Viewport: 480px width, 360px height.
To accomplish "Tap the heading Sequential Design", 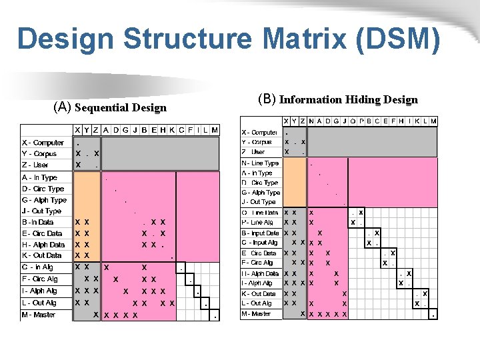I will pyautogui.click(x=121, y=107).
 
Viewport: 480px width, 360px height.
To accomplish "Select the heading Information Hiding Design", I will pyautogui.click(x=348, y=100).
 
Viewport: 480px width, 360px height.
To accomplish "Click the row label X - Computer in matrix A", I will pyautogui.click(x=43, y=143).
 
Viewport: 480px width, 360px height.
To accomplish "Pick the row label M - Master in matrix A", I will pyautogui.click(x=39, y=315).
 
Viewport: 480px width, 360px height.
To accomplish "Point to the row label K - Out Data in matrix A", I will pyautogui.click(x=42, y=255).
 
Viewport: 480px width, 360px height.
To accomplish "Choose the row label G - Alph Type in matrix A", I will pyautogui.click(x=44, y=199).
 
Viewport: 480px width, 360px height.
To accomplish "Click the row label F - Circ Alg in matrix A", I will pyautogui.click(x=40, y=279).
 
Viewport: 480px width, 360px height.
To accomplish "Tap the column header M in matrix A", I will pyautogui.click(x=214, y=130).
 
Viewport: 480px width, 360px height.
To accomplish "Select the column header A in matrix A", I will pyautogui.click(x=106, y=130).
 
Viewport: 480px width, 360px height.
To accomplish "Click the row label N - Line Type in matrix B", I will pyautogui.click(x=260, y=163).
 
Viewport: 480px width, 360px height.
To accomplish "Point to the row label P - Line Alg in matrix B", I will pyautogui.click(x=257, y=223).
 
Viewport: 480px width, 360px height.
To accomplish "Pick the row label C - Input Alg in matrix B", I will pyautogui.click(x=259, y=243).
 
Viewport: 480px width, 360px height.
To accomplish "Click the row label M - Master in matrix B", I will pyautogui.click(x=256, y=313).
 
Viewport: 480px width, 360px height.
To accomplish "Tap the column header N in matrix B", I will pyautogui.click(x=311, y=121).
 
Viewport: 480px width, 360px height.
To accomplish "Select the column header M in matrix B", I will pyautogui.click(x=433, y=121).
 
